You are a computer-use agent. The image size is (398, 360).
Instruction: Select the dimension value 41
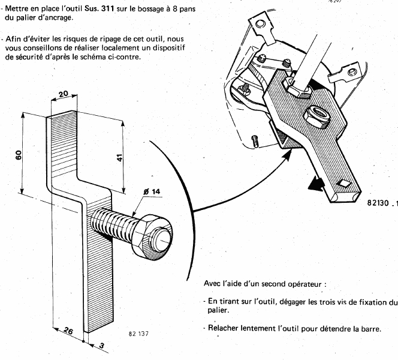pos(120,158)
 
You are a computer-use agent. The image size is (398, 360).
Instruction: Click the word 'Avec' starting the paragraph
pos(213,283)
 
